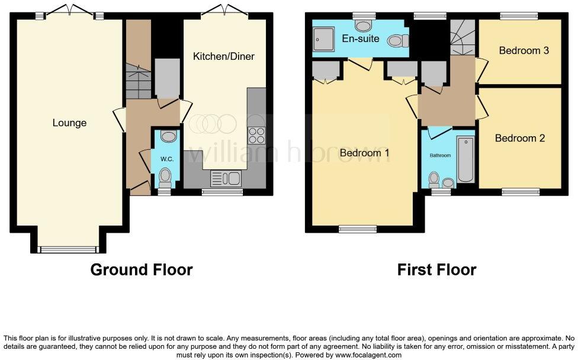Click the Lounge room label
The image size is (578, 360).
[69, 123]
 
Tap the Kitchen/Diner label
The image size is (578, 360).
[224, 57]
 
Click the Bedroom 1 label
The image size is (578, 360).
[364, 153]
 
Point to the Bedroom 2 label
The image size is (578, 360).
[520, 138]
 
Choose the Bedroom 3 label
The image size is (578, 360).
[524, 50]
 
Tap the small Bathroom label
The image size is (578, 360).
[440, 156]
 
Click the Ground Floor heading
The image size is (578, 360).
[141, 270]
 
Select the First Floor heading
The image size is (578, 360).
[436, 270]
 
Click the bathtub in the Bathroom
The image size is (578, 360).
[466, 160]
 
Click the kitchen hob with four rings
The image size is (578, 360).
[256, 136]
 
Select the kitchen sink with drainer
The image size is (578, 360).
[225, 178]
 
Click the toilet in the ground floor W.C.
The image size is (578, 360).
[165, 176]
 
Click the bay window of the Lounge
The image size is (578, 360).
[67, 249]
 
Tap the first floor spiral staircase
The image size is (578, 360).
[462, 37]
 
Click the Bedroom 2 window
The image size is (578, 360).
[521, 191]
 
